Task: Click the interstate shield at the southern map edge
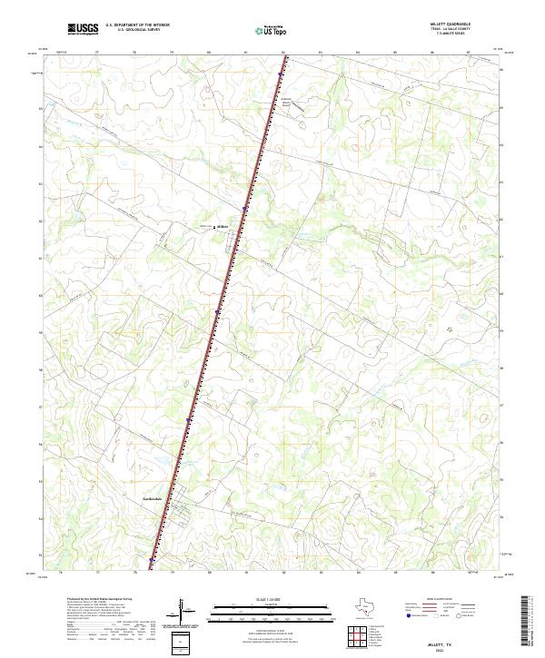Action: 152,561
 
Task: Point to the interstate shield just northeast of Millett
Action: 244,208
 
